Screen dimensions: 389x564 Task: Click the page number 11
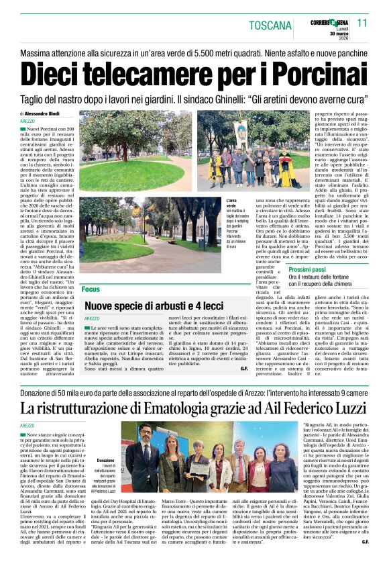pos(363,23)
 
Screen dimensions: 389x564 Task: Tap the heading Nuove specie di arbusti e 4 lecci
pos(152,305)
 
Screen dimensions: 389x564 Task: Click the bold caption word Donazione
pos(106,461)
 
